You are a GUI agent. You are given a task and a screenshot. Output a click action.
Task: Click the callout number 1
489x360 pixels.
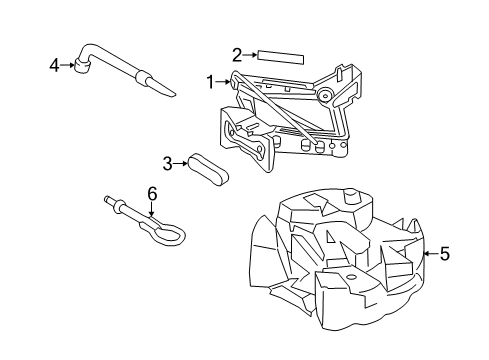210,80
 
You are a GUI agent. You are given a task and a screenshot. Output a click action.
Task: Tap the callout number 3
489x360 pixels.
168,163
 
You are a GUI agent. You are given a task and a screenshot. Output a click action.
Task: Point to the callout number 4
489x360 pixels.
54,66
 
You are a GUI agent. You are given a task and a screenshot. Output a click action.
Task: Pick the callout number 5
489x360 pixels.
444,254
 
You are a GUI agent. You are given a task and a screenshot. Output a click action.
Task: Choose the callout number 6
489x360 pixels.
151,192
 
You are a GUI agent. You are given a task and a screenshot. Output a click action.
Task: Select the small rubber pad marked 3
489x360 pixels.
209,166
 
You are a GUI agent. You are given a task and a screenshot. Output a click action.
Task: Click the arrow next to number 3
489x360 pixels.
182,163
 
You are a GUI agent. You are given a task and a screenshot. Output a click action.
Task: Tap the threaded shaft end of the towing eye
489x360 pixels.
109,203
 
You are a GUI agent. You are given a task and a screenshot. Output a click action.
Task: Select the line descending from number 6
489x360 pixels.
151,208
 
